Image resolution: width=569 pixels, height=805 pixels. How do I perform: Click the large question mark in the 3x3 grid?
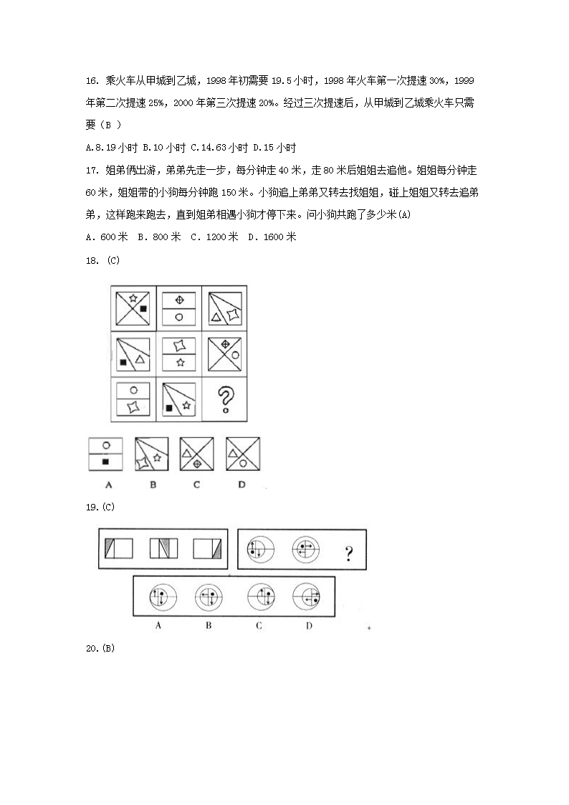[x=226, y=399]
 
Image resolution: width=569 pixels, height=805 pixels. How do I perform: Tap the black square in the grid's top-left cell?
[x=143, y=308]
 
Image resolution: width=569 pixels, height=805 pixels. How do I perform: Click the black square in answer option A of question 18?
[x=105, y=462]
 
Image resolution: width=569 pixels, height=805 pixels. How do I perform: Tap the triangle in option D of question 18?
[x=233, y=453]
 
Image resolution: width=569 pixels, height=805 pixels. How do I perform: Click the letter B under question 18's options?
[x=153, y=485]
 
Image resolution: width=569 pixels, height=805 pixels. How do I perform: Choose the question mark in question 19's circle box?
[x=348, y=553]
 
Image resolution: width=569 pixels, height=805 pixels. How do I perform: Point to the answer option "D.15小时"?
[x=277, y=148]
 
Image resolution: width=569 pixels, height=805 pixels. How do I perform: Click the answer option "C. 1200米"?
[x=214, y=237]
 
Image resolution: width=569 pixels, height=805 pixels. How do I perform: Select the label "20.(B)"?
[x=100, y=649]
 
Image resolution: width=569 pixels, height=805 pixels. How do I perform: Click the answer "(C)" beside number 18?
[x=113, y=260]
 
